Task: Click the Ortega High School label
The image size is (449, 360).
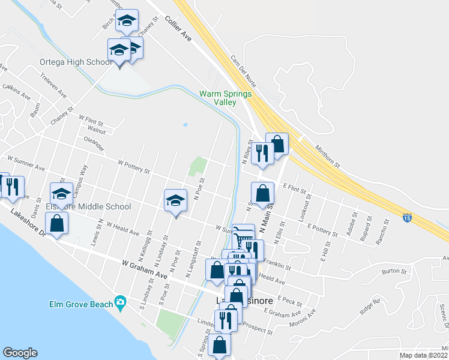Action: coord(76,62)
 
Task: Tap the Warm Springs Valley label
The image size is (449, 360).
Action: coord(225,98)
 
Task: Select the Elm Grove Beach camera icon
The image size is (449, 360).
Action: coord(121,304)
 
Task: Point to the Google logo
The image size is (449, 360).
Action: coord(20,353)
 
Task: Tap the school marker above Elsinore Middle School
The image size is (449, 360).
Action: coord(61,193)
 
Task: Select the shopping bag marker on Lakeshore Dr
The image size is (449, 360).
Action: coord(56,223)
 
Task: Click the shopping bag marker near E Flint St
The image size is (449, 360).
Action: coord(262,193)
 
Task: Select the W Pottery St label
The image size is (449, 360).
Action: coord(133,166)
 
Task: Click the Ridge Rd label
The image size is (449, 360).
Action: coord(370,306)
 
